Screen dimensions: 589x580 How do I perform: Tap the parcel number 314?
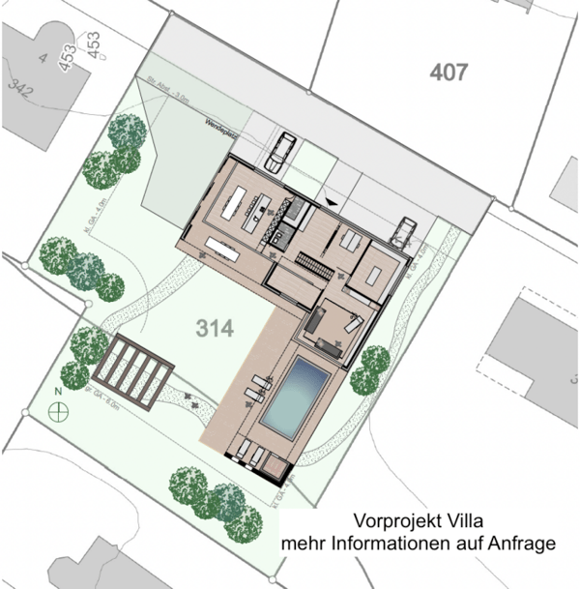click(x=214, y=329)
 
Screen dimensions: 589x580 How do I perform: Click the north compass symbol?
click(x=60, y=410)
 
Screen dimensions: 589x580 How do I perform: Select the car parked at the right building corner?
click(x=403, y=231)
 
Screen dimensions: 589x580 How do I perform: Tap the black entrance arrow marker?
click(x=333, y=201)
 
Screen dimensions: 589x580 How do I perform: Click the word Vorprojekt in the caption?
click(x=391, y=523)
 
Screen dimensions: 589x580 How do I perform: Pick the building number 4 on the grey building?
click(x=43, y=57)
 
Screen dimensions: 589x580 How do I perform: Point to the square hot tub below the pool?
click(x=274, y=468)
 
